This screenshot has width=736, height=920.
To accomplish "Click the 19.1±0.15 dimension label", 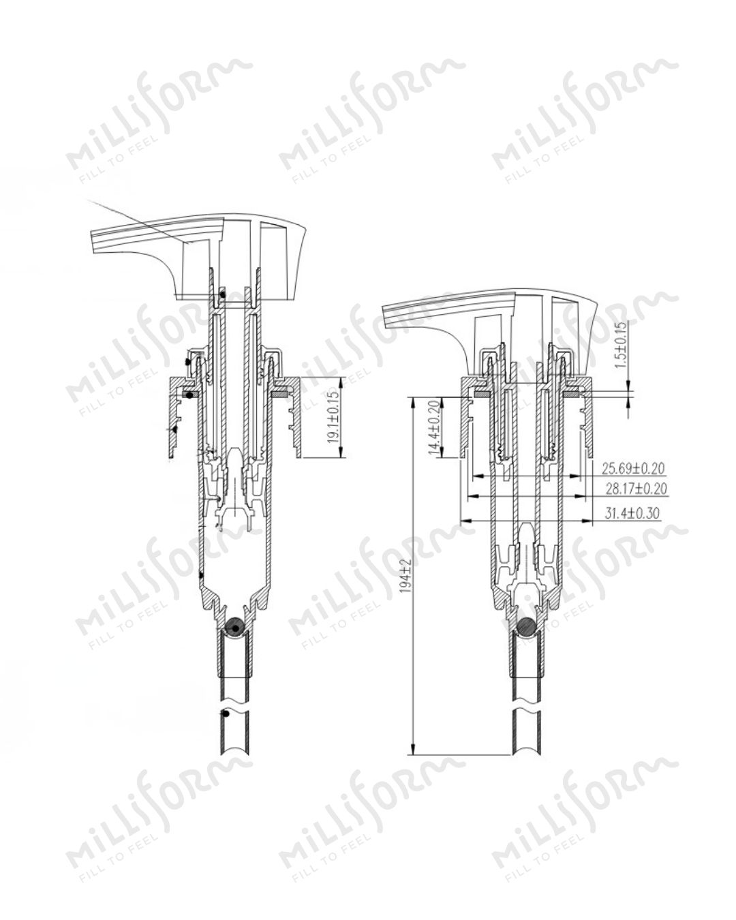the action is [334, 417].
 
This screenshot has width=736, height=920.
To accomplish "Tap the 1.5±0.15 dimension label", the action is [622, 345].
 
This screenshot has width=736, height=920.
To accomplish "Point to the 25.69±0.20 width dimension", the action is [633, 469].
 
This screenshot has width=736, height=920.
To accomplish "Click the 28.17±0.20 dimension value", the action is [637, 488].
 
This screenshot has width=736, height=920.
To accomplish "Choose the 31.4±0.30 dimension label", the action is [632, 512].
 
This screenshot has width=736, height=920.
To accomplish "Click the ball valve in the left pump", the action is [235, 627].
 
